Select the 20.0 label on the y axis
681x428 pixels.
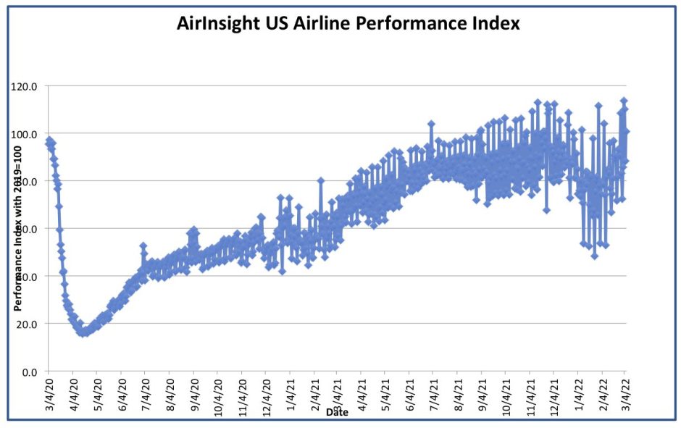coord(30,324)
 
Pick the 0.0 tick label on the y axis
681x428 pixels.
coord(33,372)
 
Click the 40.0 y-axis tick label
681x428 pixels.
coord(30,276)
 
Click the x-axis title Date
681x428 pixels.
coord(337,412)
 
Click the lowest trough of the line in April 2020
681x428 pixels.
coord(85,332)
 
